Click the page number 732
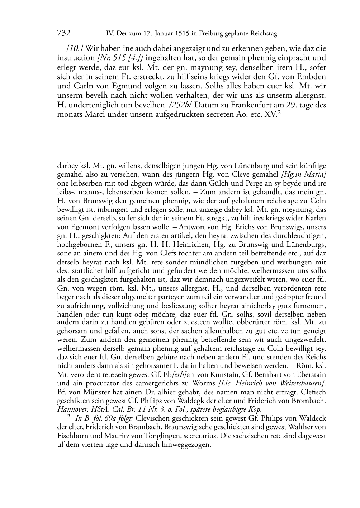[63, 33]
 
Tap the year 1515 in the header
[183, 34]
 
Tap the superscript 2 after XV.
[278, 112]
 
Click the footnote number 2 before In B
[69, 417]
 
